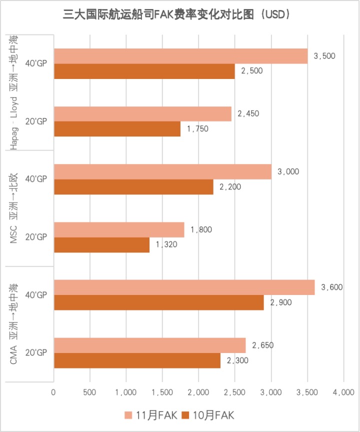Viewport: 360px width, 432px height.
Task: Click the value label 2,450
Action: (x=248, y=113)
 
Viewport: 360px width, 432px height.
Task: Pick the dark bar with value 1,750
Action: (x=117, y=129)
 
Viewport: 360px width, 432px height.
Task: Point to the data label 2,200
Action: (x=230, y=186)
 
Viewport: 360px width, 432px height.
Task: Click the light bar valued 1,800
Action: (x=119, y=230)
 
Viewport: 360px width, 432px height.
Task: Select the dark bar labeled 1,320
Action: (x=101, y=244)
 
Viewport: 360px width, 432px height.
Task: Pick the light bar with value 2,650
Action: (x=149, y=345)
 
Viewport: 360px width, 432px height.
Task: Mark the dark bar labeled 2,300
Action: (x=137, y=360)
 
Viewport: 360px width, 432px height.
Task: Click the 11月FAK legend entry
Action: (x=149, y=415)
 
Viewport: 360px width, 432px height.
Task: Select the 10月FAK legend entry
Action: (x=207, y=415)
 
